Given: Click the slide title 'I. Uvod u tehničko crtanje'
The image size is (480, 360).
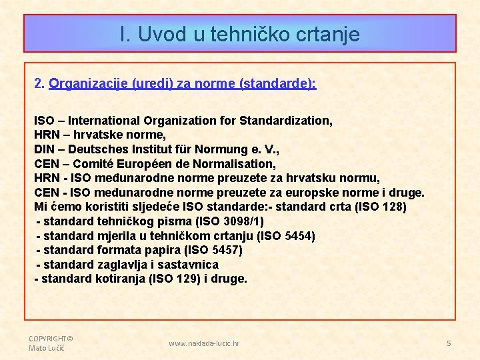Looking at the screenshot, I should pyautogui.click(x=240, y=34).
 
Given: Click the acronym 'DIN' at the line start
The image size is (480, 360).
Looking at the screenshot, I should pyautogui.click(x=45, y=149).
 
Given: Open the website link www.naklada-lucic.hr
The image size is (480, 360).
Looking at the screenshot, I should pyautogui.click(x=204, y=343).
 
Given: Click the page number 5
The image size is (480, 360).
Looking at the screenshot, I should pyautogui.click(x=449, y=343).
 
